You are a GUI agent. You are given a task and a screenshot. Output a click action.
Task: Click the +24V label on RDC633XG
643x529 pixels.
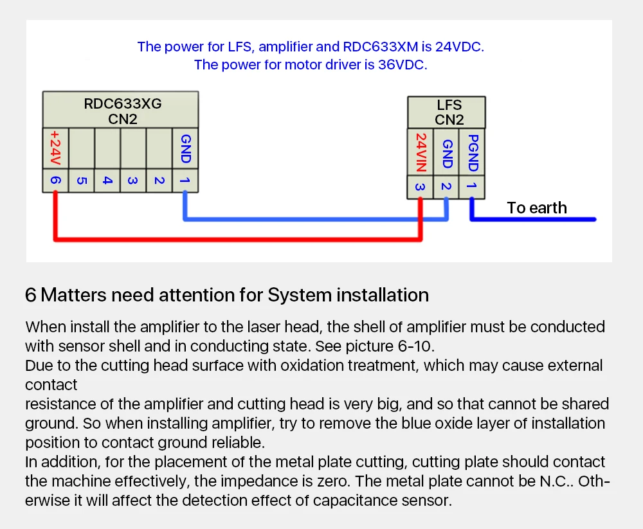pyautogui.click(x=55, y=148)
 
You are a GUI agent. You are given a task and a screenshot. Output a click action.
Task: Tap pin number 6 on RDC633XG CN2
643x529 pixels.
pyautogui.click(x=56, y=181)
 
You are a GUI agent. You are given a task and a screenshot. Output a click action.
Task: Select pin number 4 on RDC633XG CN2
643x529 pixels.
pyautogui.click(x=107, y=181)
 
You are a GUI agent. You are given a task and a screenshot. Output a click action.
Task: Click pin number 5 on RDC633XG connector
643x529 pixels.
pyautogui.click(x=82, y=181)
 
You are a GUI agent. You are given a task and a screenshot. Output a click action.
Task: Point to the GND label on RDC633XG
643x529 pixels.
pyautogui.click(x=186, y=148)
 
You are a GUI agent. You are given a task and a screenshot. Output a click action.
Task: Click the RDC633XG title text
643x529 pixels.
pyautogui.click(x=123, y=103)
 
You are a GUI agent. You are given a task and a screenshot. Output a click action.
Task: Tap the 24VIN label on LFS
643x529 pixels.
pyautogui.click(x=421, y=152)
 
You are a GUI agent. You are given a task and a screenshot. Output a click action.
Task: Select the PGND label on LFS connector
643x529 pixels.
pyautogui.click(x=473, y=153)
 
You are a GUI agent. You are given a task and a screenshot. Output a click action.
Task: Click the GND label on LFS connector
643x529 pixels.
pyautogui.click(x=448, y=154)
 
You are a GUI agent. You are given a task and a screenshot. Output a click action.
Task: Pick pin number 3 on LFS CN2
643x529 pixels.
pyautogui.click(x=420, y=187)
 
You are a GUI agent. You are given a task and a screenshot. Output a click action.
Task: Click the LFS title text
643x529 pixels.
pyautogui.click(x=449, y=105)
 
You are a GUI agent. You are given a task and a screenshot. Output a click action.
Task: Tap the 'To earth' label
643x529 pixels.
pyautogui.click(x=537, y=208)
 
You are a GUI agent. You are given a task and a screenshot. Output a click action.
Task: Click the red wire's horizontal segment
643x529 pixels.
pyautogui.click(x=238, y=239)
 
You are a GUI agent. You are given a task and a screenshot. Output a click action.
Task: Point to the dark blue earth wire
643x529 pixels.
pyautogui.click(x=532, y=219)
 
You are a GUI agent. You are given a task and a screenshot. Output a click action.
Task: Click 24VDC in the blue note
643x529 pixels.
pyautogui.click(x=459, y=47)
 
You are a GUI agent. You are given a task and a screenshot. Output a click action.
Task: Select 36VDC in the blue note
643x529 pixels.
pyautogui.click(x=402, y=65)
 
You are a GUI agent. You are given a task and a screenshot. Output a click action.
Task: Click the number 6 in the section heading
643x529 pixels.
pyautogui.click(x=31, y=295)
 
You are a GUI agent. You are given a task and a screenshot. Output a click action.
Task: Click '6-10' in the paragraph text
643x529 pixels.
pyautogui.click(x=415, y=346)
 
